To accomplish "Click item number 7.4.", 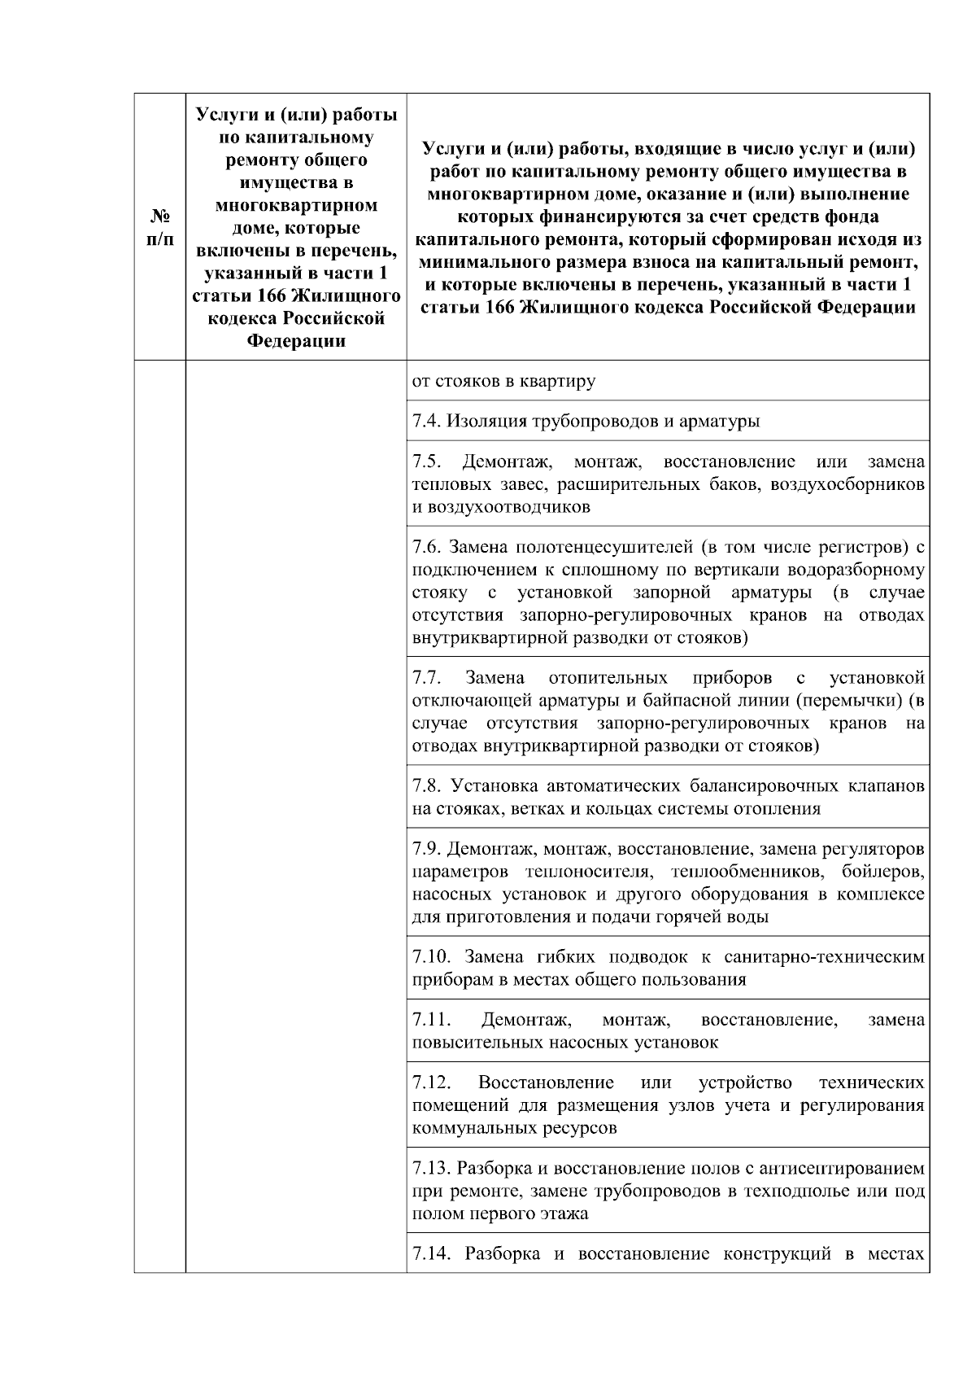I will (425, 421).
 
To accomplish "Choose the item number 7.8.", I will (425, 786).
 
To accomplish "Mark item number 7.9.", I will (425, 849).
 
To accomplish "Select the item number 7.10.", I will (430, 957).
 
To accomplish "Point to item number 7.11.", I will (430, 1020).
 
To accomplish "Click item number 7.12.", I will (430, 1082).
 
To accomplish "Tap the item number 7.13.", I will (430, 1169).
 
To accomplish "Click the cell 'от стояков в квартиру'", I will (504, 381).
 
